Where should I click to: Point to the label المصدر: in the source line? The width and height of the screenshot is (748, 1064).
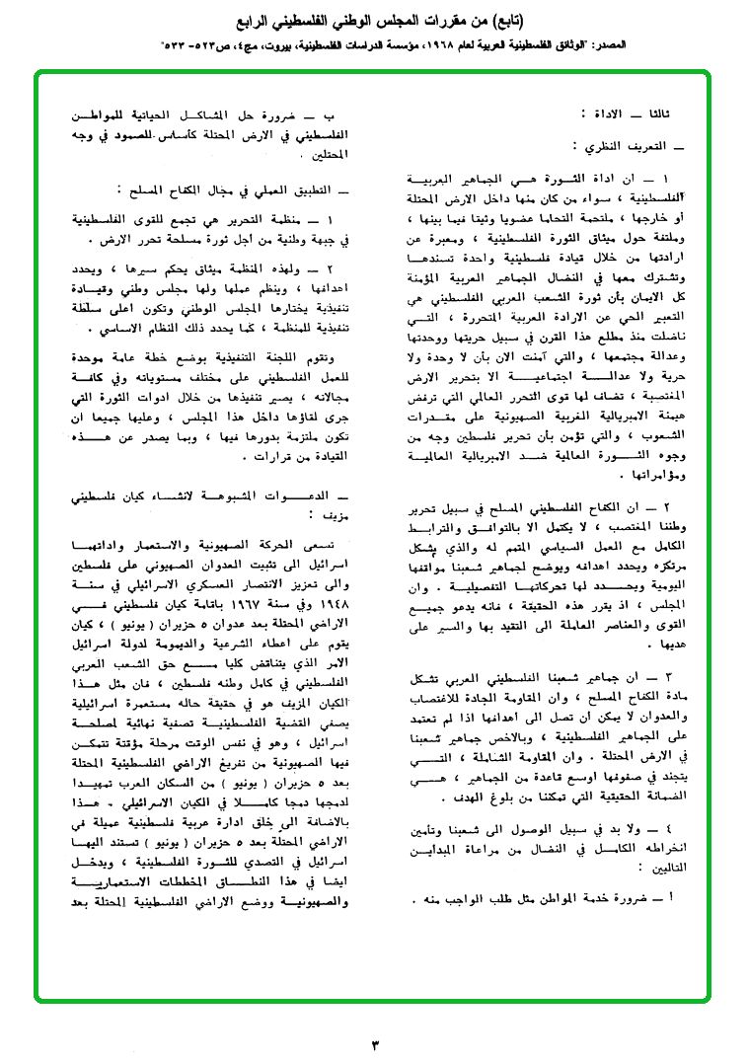(x=715, y=46)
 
